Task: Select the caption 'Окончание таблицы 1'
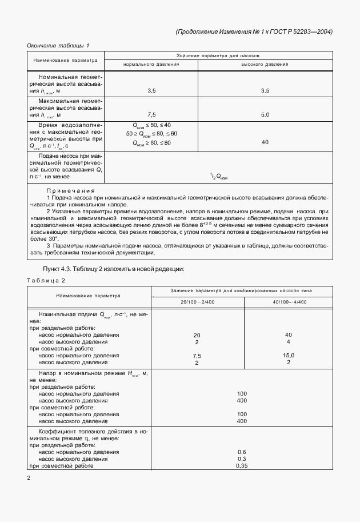click(59, 45)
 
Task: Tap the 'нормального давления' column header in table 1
click(151, 64)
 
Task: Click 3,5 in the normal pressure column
click(151, 90)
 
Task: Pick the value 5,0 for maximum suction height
click(265, 114)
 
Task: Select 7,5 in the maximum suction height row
click(151, 114)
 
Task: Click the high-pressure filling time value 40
click(265, 142)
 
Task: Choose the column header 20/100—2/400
click(197, 301)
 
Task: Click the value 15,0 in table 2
click(288, 355)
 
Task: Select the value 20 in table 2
click(197, 334)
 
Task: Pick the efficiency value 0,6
click(241, 452)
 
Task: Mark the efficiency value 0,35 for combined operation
click(241, 465)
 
